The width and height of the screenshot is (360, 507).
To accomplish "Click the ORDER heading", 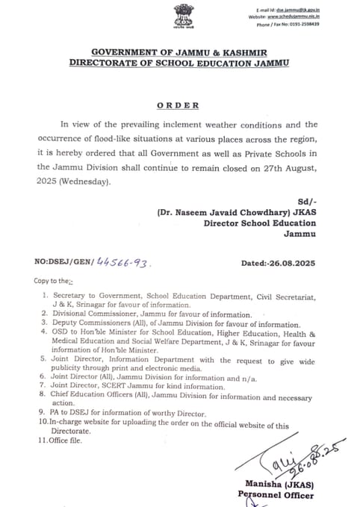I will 179,105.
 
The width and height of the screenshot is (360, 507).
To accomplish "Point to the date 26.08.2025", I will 291,264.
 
